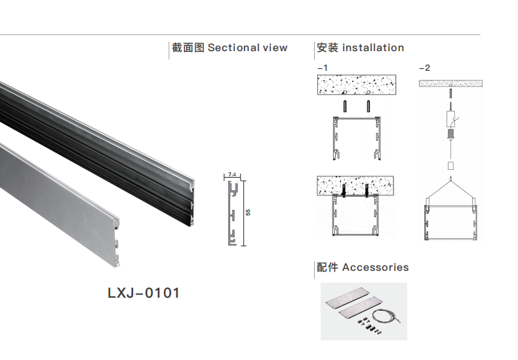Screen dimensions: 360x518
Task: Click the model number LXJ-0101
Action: click(143, 292)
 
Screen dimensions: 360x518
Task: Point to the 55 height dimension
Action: click(248, 212)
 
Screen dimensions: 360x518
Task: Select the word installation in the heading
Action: click(372, 48)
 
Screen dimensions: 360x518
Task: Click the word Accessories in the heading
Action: click(375, 268)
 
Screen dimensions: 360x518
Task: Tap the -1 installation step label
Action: click(322, 68)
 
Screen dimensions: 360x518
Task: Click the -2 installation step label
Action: click(424, 68)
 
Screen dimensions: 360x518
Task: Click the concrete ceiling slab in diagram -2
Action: click(450, 83)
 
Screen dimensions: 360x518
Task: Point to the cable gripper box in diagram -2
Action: click(451, 119)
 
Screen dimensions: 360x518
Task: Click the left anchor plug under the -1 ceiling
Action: click(345, 106)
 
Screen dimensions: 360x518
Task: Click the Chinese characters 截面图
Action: click(188, 48)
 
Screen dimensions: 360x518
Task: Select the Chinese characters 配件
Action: click(327, 268)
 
